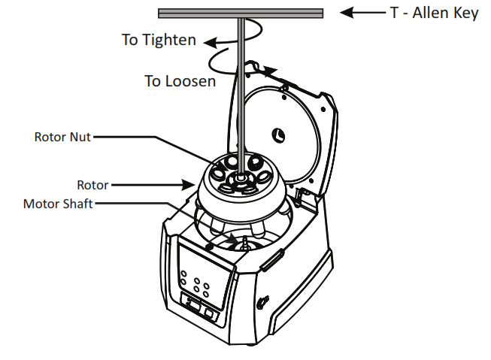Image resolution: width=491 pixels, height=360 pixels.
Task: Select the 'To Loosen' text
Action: point(180,80)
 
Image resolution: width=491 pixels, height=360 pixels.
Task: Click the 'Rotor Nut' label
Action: point(63,137)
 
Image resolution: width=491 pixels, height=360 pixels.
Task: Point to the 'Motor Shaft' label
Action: point(58,204)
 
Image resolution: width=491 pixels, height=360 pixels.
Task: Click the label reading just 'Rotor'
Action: point(92,184)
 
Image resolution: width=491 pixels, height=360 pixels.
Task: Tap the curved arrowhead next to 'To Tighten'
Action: point(214,43)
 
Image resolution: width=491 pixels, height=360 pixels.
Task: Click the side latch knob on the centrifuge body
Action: point(262,302)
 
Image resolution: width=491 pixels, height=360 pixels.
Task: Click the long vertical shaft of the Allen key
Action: point(240,90)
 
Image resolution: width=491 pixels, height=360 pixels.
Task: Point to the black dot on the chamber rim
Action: point(208,247)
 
